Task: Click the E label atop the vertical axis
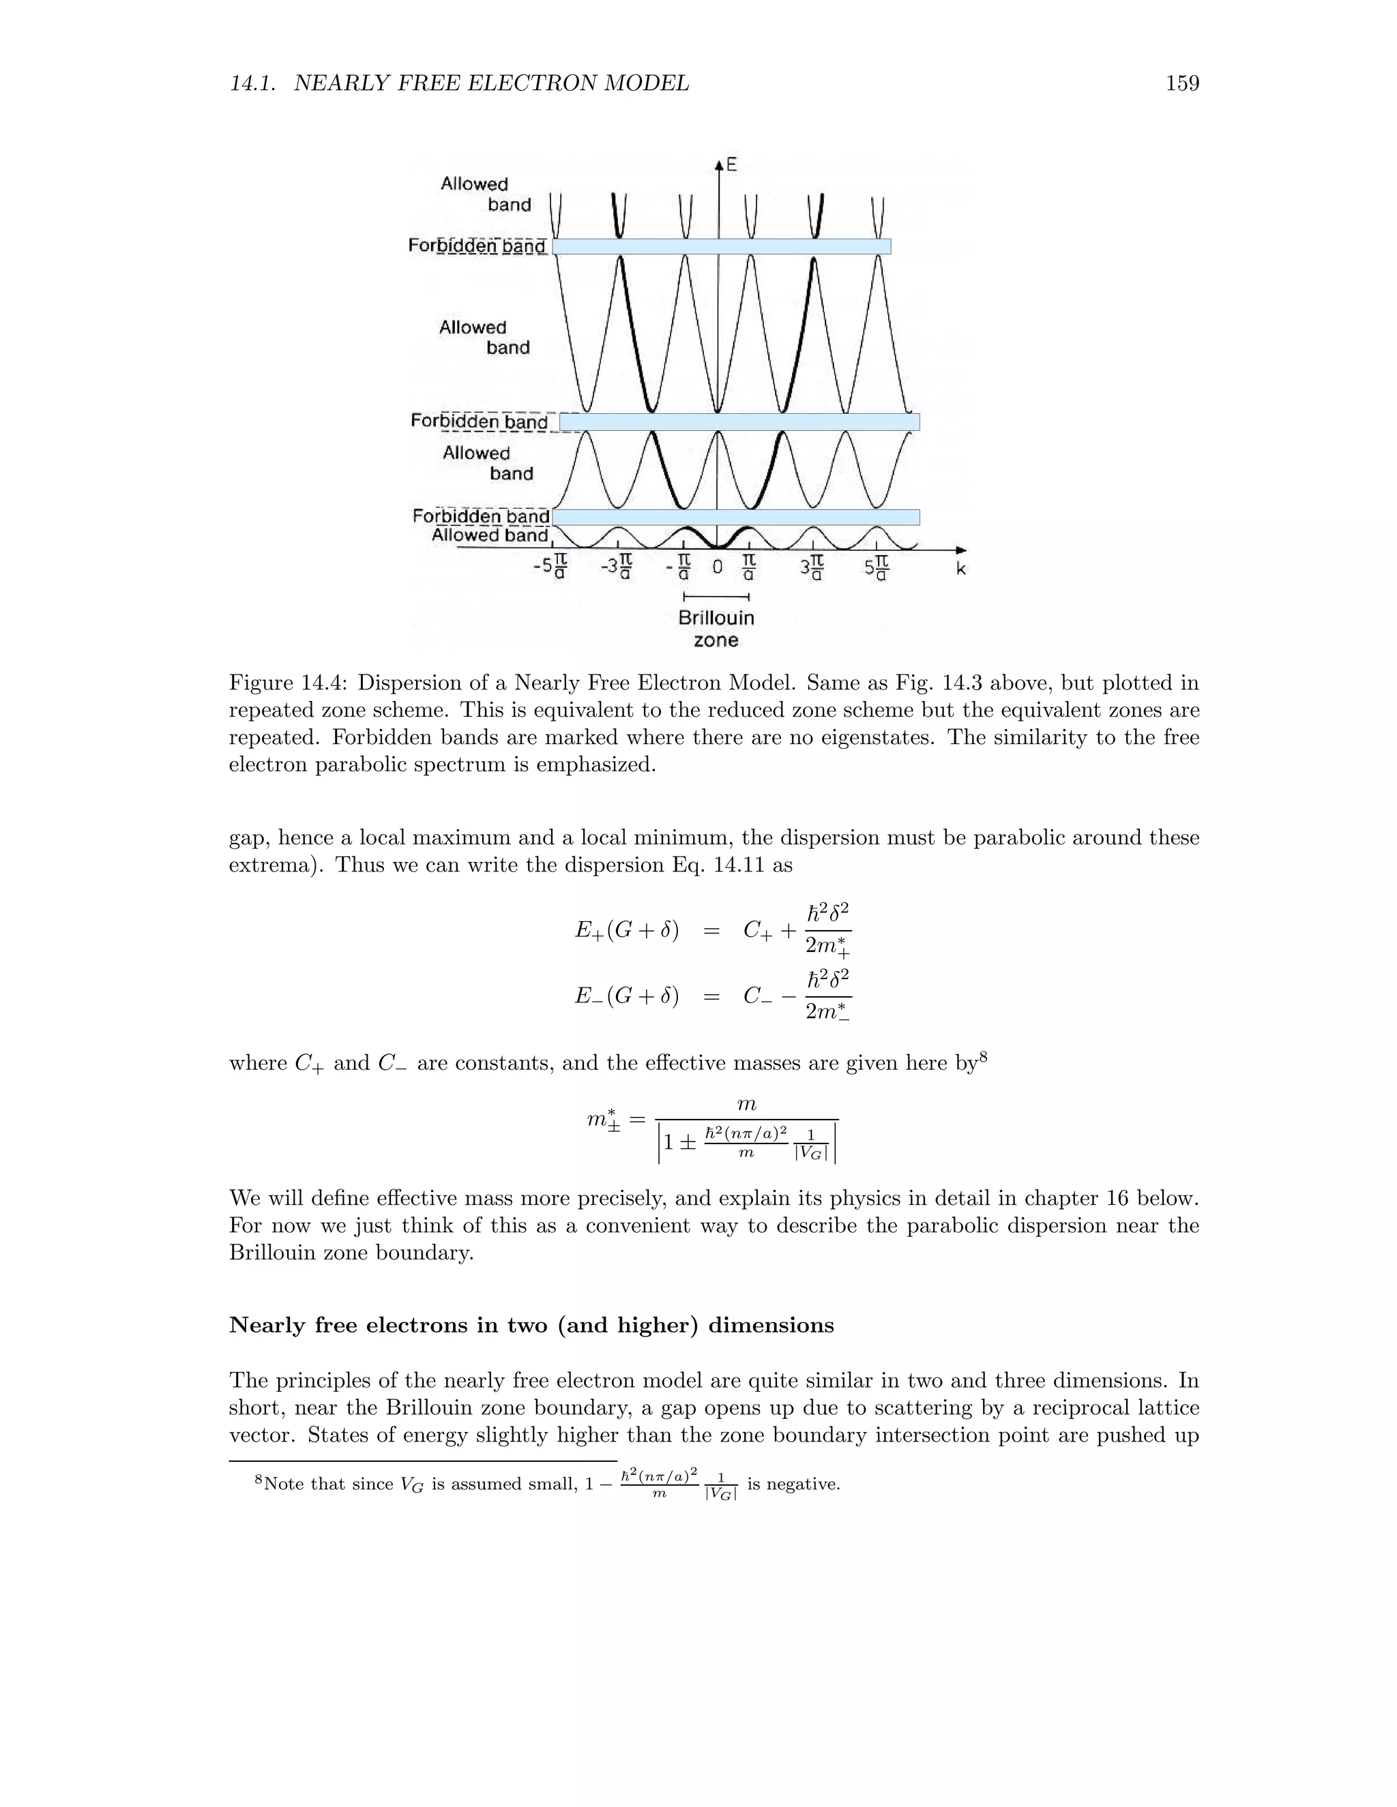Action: point(732,166)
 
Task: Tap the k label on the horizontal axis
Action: point(961,569)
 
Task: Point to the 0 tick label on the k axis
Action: point(718,567)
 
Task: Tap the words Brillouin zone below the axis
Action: point(716,629)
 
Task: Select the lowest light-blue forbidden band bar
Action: point(736,517)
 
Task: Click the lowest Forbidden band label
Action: point(481,516)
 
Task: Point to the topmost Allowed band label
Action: point(486,194)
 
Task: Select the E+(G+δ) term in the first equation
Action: point(626,931)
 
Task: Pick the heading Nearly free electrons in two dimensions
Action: point(531,1326)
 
